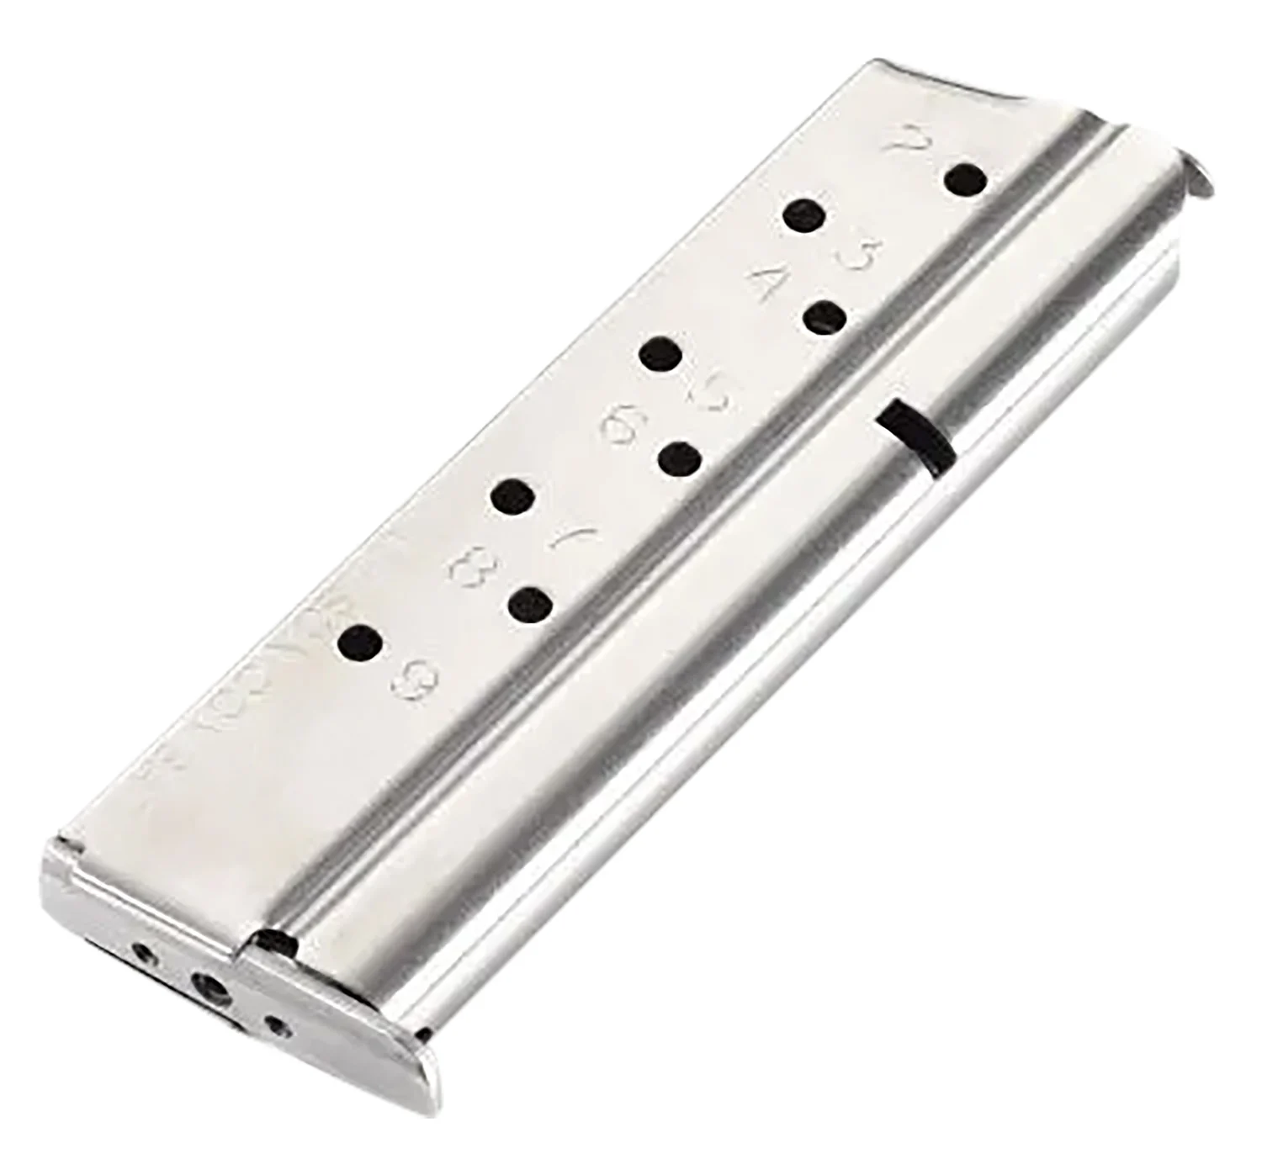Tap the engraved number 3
pyautogui.click(x=860, y=253)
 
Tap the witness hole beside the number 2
pyautogui.click(x=964, y=180)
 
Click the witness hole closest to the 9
pyautogui.click(x=359, y=644)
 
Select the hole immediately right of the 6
pyautogui.click(x=680, y=460)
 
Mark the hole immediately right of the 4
pyautogui.click(x=824, y=319)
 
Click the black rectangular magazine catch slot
pyautogui.click(x=915, y=436)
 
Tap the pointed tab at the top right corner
pyautogui.click(x=1199, y=177)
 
